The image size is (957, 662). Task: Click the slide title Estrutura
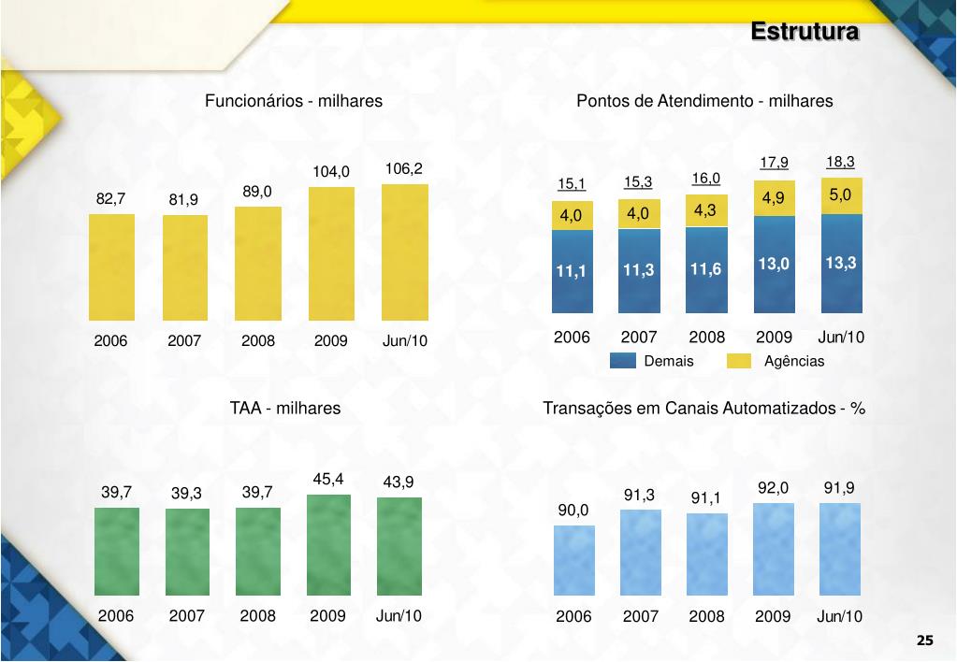click(805, 32)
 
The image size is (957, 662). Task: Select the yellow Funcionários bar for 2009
click(331, 253)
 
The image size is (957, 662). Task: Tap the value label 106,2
click(404, 169)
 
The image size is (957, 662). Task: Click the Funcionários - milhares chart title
click(294, 101)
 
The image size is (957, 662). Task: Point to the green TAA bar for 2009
click(329, 544)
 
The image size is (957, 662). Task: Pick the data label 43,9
click(399, 482)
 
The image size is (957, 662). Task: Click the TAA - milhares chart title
click(285, 409)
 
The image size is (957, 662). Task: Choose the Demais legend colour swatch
click(622, 362)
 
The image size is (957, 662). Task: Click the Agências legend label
click(794, 362)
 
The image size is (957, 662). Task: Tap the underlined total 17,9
click(774, 163)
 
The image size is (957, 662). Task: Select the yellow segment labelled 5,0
click(840, 195)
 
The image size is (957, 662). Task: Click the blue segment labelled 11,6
click(706, 271)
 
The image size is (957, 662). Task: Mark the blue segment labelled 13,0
click(774, 265)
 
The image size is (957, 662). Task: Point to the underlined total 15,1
click(572, 183)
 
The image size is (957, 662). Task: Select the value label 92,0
click(773, 488)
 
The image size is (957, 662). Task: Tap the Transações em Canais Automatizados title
click(703, 409)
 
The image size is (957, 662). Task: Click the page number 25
click(924, 640)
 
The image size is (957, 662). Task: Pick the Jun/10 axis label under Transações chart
click(840, 617)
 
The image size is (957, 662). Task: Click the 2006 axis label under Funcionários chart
click(110, 341)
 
